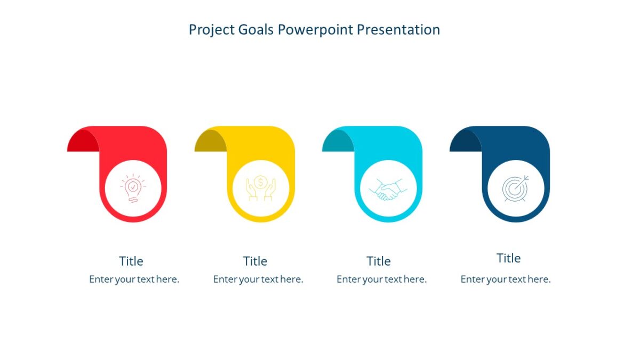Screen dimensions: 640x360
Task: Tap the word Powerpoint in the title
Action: [x=316, y=29]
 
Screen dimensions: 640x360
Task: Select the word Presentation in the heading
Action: [x=398, y=29]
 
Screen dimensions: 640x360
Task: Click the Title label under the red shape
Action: [x=131, y=261]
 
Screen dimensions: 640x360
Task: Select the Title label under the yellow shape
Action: [x=255, y=261]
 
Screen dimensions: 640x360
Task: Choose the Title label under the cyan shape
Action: [x=379, y=261]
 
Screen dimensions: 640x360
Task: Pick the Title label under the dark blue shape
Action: [x=508, y=258]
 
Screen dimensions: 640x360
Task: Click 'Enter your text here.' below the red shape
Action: [x=134, y=279]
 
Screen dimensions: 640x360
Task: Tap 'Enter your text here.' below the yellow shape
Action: [x=258, y=279]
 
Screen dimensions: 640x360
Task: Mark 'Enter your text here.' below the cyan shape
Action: [x=382, y=279]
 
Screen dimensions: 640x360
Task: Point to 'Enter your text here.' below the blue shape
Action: [x=506, y=279]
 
